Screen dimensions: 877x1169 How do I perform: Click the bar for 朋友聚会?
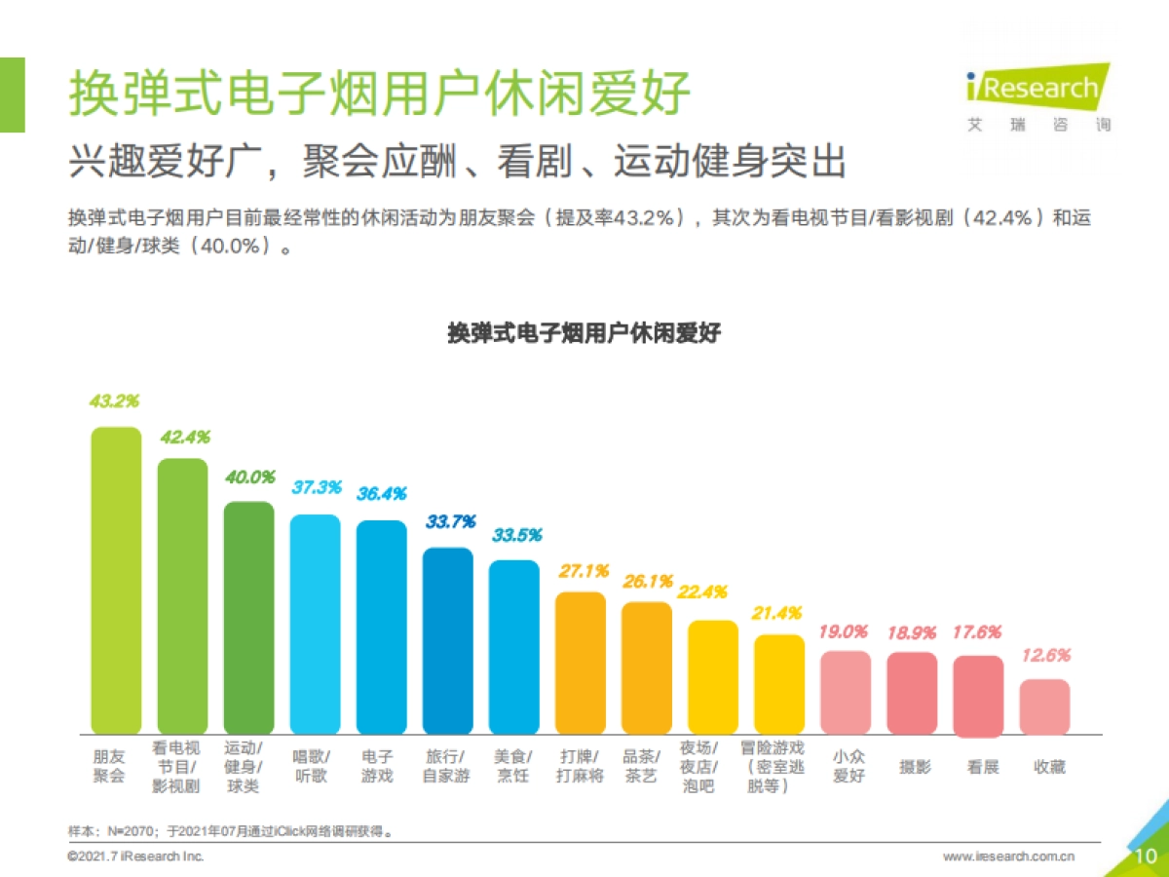[116, 581]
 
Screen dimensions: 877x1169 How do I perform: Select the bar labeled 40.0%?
[248, 618]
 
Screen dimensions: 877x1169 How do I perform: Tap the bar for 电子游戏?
[381, 628]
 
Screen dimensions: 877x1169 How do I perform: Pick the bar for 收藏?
[1044, 706]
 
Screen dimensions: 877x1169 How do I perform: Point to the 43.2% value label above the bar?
[115, 400]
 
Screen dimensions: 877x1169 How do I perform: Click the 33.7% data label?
[450, 522]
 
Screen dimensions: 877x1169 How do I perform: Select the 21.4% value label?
[777, 613]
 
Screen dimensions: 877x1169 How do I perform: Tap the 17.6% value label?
[976, 632]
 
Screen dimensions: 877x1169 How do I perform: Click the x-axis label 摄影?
[914, 767]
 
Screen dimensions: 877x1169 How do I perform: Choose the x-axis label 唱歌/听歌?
[315, 766]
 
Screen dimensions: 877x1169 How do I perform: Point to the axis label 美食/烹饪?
[513, 766]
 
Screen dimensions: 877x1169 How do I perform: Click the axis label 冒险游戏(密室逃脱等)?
[778, 766]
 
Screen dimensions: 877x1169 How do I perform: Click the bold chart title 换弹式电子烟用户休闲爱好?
[584, 332]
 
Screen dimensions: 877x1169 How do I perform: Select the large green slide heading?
[379, 94]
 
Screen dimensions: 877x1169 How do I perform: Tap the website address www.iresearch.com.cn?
[1009, 857]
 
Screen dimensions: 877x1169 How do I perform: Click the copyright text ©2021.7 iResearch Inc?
[135, 857]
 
